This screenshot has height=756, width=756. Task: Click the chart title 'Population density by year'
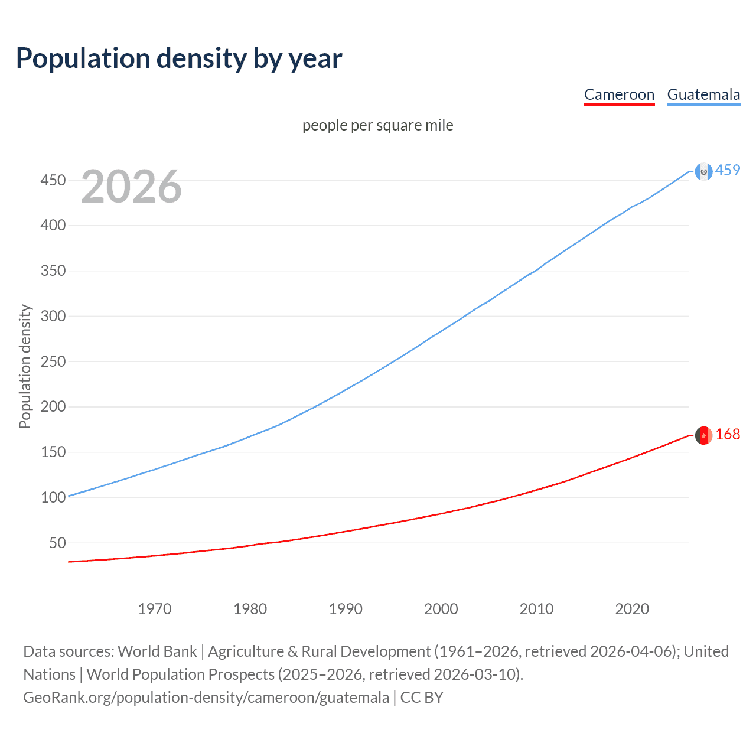point(179,58)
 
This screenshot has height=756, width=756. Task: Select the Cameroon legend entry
point(619,94)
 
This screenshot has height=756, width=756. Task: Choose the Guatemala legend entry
point(703,94)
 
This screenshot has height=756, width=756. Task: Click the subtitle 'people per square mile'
point(377,125)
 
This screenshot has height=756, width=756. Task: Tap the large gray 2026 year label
point(131,187)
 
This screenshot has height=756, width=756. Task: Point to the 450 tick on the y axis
point(53,180)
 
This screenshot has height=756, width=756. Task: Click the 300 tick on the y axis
point(53,316)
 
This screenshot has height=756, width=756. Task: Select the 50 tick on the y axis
point(57,543)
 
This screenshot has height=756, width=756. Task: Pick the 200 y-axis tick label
point(53,407)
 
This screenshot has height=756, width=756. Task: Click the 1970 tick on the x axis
point(155,609)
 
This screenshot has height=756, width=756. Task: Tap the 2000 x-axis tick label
point(441,609)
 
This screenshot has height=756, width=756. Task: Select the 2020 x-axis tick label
point(632,609)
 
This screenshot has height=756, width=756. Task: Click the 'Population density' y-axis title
point(25,366)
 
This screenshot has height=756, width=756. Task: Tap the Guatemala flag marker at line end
point(703,171)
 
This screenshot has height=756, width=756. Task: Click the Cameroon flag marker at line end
point(703,435)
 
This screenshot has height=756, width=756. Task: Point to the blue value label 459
point(728,170)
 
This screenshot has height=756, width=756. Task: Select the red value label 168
point(728,435)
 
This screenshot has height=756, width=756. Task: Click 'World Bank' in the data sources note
point(157,651)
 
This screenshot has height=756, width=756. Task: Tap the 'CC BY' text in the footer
point(422,698)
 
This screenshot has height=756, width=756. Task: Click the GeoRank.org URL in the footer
point(206,698)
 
